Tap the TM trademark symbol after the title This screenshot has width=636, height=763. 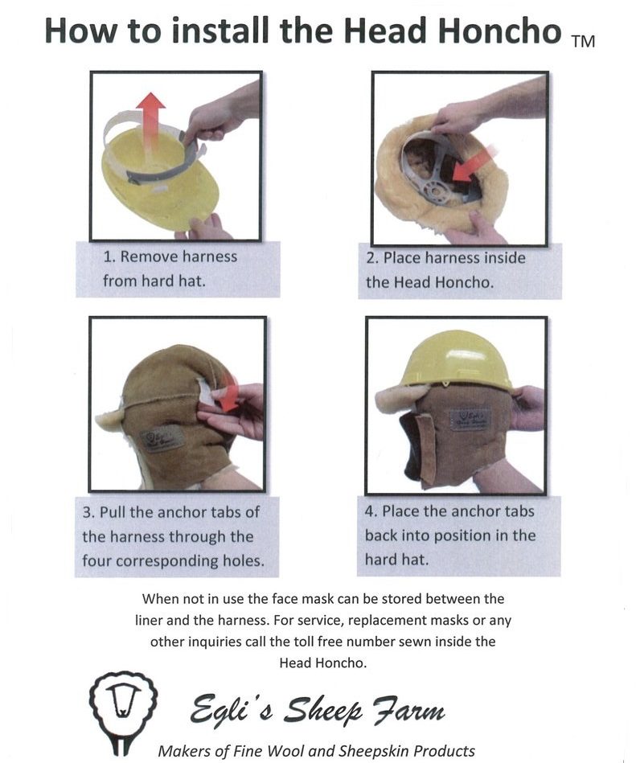pyautogui.click(x=584, y=41)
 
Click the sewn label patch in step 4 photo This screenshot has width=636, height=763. pyautogui.click(x=470, y=420)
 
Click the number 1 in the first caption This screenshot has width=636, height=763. pyautogui.click(x=108, y=256)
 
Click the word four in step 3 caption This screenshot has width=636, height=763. pyautogui.click(x=96, y=560)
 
